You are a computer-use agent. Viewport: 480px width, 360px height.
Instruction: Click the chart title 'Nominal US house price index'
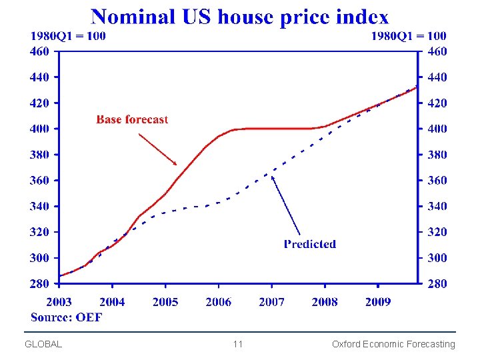click(x=239, y=16)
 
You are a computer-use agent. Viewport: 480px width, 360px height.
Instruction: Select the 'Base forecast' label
click(x=132, y=119)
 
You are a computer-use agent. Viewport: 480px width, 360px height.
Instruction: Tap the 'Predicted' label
click(x=309, y=244)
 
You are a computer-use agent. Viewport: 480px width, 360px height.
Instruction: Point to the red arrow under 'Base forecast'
click(x=158, y=149)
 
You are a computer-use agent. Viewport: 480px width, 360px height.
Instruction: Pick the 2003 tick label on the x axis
click(x=59, y=302)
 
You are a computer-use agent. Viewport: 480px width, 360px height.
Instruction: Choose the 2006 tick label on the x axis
click(x=218, y=302)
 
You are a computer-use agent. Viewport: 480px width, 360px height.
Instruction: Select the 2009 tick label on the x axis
click(x=377, y=302)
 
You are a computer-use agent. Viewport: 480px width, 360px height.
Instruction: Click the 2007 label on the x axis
click(x=271, y=302)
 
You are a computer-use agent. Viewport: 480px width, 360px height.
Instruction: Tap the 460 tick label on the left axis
click(x=39, y=51)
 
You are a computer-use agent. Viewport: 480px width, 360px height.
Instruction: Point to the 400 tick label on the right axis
click(x=437, y=129)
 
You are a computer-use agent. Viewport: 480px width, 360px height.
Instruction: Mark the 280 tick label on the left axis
click(x=39, y=284)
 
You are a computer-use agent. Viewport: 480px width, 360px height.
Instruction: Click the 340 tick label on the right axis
click(x=437, y=206)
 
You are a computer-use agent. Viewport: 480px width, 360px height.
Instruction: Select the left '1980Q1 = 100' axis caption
click(x=67, y=36)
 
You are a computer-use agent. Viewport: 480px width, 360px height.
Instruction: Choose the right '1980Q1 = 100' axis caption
click(x=409, y=36)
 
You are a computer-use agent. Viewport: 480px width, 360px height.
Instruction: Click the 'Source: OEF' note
click(x=67, y=317)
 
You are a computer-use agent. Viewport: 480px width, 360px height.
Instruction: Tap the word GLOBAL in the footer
click(x=43, y=344)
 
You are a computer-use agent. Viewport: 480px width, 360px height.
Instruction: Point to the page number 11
click(x=238, y=344)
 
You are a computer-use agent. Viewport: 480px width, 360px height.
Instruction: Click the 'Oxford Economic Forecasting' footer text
click(x=393, y=344)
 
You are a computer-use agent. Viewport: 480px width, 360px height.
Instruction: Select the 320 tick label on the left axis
click(x=39, y=232)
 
